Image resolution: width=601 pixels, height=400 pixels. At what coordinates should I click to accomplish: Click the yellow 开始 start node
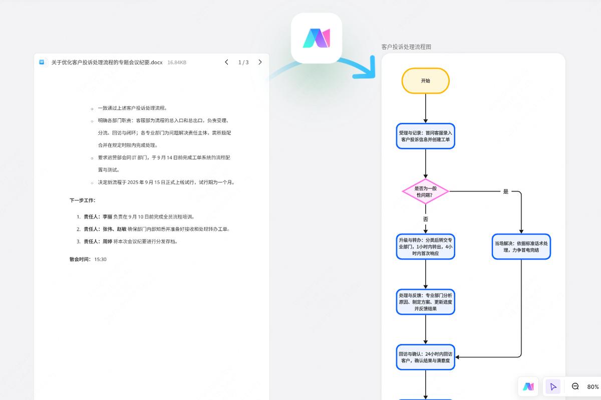(x=425, y=81)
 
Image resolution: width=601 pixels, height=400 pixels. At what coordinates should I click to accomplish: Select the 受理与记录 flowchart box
(x=425, y=136)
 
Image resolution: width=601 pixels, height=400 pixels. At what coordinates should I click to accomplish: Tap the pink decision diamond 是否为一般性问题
(x=425, y=191)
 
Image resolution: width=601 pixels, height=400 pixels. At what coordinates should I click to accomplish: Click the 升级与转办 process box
(x=425, y=247)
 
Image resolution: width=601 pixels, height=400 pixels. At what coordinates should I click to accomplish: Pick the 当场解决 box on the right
(x=521, y=247)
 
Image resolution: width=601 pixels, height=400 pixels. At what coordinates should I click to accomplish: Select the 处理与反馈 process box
(x=425, y=302)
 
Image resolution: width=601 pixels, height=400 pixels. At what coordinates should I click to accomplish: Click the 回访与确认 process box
(x=425, y=357)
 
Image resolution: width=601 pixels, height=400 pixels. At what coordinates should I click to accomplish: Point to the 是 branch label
(x=505, y=191)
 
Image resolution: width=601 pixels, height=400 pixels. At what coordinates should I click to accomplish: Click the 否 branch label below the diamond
(x=425, y=219)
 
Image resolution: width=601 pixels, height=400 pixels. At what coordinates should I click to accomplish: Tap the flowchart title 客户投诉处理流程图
(x=406, y=47)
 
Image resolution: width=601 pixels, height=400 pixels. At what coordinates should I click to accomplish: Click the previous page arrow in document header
(x=226, y=62)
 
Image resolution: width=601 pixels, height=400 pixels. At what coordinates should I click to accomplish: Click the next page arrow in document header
(x=260, y=62)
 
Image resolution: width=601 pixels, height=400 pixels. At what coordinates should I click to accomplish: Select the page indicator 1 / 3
(x=243, y=62)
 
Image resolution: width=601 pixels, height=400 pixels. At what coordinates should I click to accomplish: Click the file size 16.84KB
(x=177, y=63)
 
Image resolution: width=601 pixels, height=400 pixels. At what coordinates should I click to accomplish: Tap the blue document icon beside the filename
(x=43, y=62)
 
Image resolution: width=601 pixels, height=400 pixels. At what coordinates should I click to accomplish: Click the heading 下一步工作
(x=82, y=200)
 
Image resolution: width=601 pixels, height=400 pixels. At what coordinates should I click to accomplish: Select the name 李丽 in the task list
(x=107, y=217)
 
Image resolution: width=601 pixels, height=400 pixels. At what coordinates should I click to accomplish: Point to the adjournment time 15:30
(x=100, y=259)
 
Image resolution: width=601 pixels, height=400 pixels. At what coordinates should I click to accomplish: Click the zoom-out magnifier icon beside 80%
(x=575, y=386)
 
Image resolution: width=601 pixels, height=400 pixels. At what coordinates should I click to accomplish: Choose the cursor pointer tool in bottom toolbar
(x=553, y=386)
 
